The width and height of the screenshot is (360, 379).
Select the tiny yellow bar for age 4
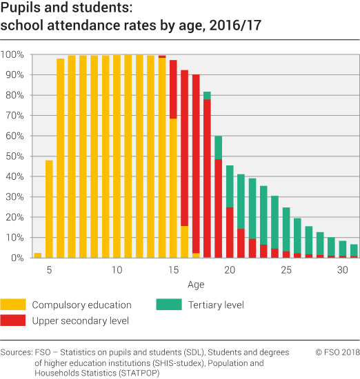[38, 255]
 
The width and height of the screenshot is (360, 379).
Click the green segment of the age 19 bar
[218, 147]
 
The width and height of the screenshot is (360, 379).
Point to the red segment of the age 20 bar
[230, 232]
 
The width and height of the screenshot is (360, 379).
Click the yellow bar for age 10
[117, 156]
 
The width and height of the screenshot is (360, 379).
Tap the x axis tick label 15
[173, 269]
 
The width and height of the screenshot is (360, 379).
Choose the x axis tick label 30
[343, 269]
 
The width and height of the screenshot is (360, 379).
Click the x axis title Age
[195, 284]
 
